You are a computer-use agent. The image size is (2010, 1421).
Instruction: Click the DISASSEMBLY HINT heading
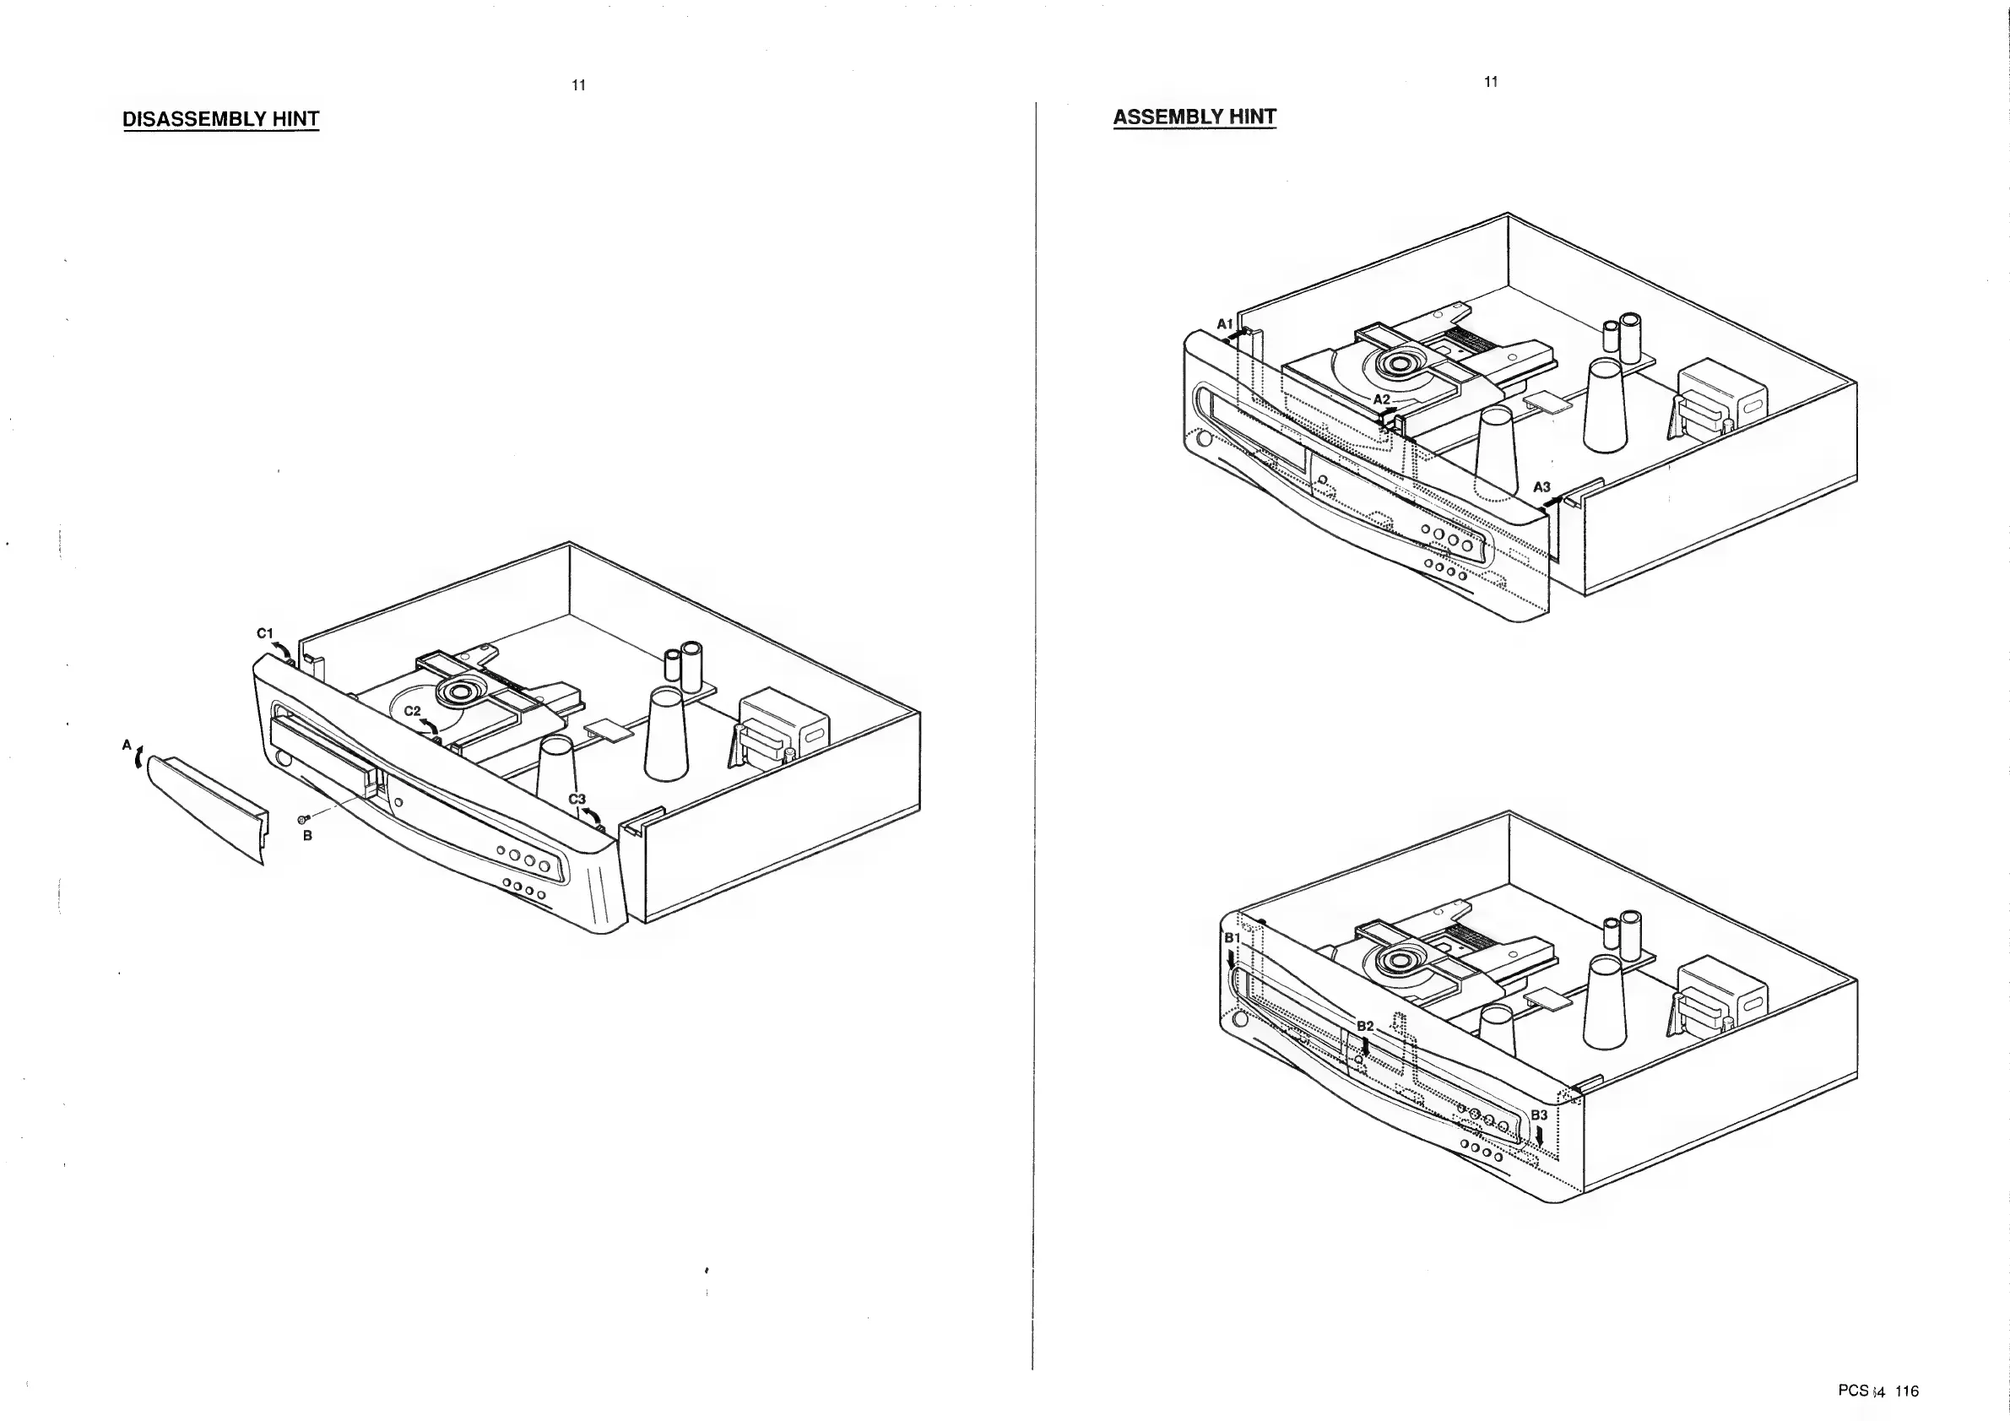[x=220, y=119]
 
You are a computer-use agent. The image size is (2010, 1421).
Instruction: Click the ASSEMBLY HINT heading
[x=1194, y=117]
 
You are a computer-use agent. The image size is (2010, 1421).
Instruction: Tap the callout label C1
[x=264, y=633]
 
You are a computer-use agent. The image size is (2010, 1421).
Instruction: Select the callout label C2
[x=412, y=711]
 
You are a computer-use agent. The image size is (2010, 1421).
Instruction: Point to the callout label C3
[x=577, y=800]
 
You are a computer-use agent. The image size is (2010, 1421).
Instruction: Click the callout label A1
[x=1225, y=324]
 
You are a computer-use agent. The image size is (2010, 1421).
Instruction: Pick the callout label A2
[x=1381, y=399]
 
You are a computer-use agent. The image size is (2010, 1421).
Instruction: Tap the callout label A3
[x=1541, y=487]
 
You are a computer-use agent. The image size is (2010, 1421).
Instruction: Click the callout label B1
[x=1232, y=938]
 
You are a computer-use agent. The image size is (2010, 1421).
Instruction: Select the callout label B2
[x=1365, y=1026]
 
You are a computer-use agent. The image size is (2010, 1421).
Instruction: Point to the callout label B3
[x=1539, y=1115]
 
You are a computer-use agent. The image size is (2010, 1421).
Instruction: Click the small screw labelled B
[x=302, y=819]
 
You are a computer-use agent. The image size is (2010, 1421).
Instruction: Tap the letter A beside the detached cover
[x=126, y=745]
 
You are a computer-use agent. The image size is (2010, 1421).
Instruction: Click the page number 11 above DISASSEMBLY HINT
[x=577, y=85]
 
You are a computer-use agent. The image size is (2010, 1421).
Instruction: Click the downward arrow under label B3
[x=1540, y=1136]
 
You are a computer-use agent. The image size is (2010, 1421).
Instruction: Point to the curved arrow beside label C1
[x=284, y=648]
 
